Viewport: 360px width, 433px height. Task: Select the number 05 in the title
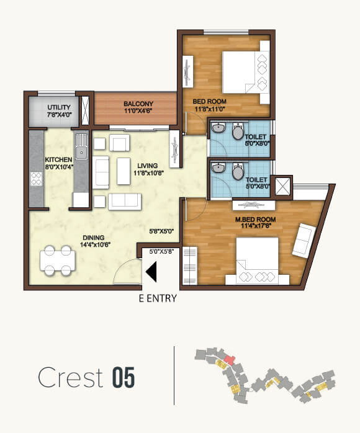[x=123, y=378]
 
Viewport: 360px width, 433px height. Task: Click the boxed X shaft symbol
[x=282, y=187]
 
